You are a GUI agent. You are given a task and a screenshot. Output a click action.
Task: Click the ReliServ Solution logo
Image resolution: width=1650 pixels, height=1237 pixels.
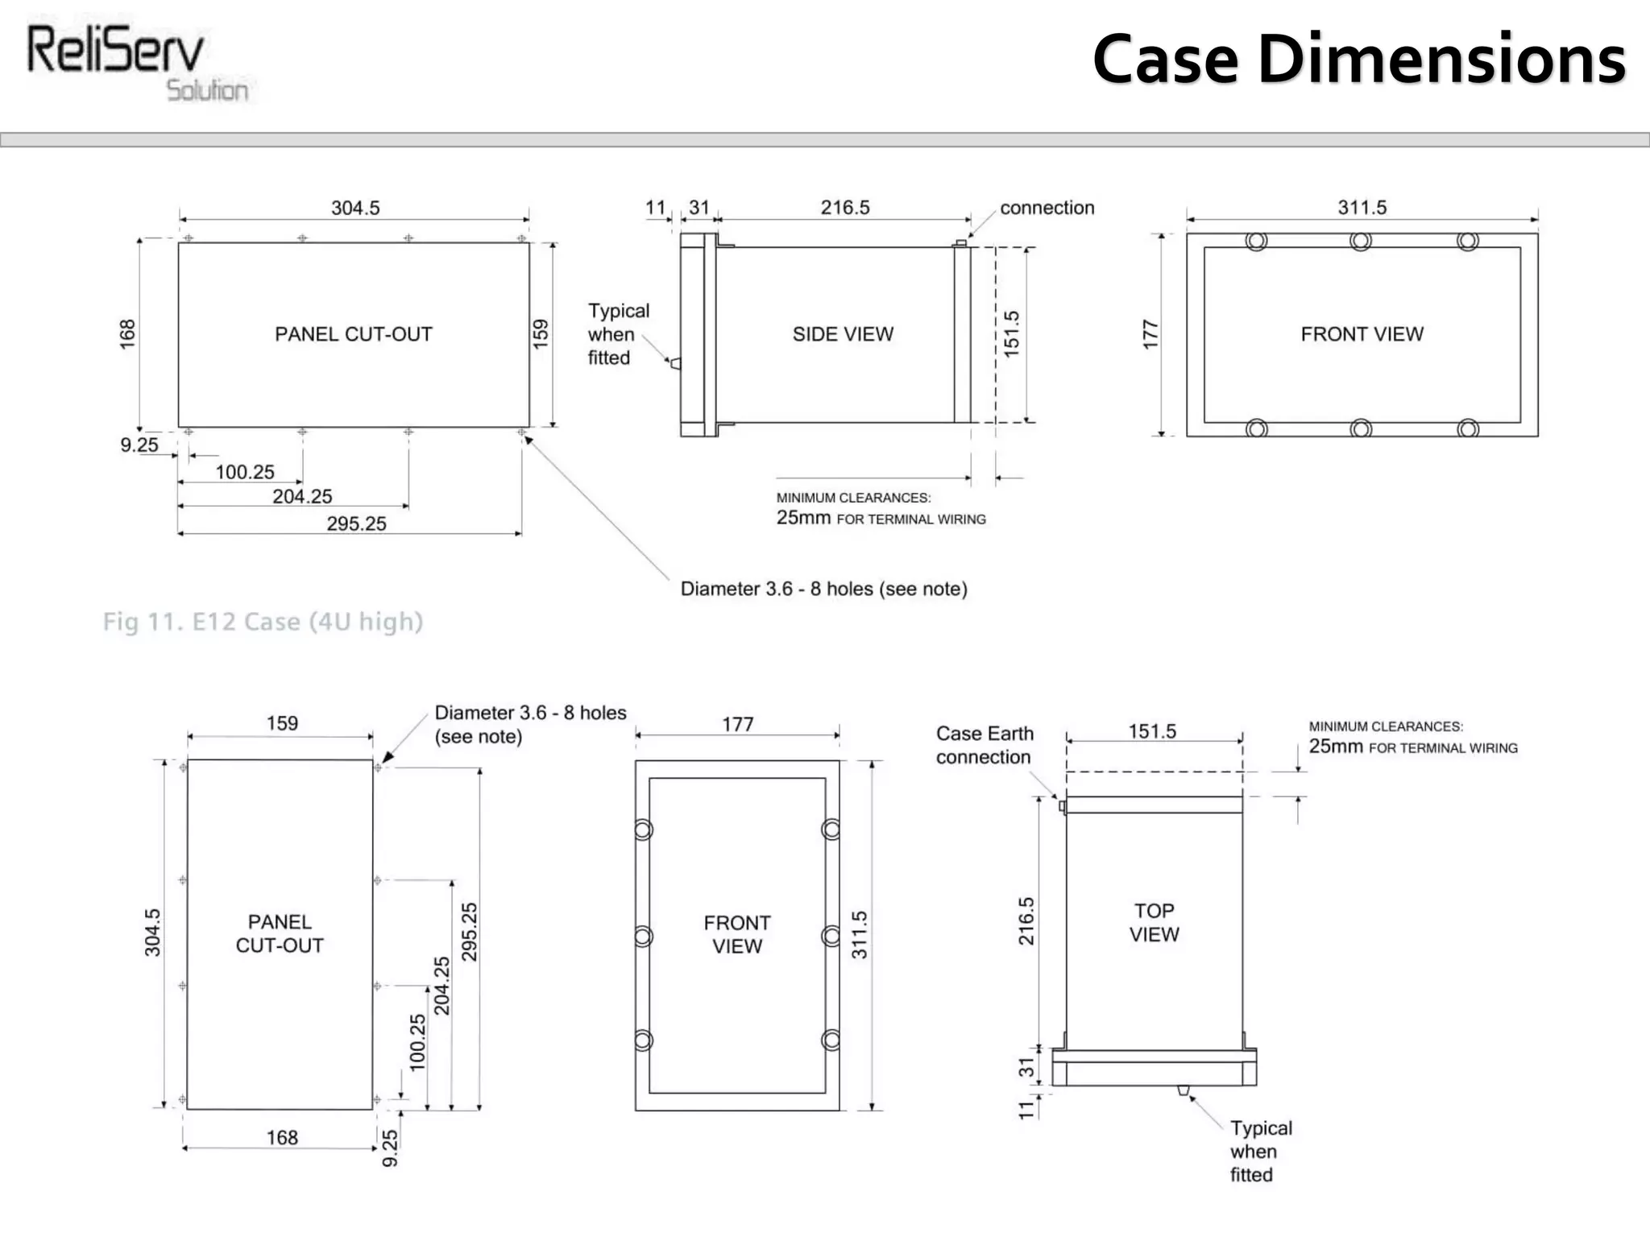(137, 63)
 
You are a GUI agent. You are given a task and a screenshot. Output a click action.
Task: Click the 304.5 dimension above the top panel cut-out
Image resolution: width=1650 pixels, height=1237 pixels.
(355, 208)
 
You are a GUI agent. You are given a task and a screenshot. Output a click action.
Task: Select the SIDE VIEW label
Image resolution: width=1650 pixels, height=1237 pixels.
(843, 334)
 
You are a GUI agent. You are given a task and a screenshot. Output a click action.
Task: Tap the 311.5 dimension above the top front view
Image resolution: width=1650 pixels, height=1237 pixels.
(1362, 208)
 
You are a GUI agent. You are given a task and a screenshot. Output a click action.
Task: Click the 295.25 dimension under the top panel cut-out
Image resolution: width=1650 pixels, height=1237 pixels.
(356, 523)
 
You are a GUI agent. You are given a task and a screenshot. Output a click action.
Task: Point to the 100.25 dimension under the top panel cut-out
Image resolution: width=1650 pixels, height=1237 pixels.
(245, 472)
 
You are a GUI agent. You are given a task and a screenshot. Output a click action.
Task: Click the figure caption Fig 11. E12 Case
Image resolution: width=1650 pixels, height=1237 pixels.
(263, 622)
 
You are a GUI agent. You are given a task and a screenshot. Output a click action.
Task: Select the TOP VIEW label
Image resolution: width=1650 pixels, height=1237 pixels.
(1154, 922)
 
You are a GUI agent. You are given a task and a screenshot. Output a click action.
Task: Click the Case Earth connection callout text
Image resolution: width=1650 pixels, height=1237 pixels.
(984, 745)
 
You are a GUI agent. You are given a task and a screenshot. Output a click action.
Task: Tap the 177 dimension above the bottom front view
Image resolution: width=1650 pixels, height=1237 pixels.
(737, 724)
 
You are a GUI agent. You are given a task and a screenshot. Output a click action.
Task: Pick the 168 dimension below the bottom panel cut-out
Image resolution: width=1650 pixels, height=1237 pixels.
(282, 1137)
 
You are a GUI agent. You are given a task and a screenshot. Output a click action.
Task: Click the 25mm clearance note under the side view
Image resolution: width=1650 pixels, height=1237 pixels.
(881, 518)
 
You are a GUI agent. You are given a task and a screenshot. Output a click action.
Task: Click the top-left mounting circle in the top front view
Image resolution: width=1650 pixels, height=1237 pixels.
(1256, 241)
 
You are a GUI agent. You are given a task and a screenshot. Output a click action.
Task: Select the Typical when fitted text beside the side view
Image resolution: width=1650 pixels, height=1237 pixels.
(617, 334)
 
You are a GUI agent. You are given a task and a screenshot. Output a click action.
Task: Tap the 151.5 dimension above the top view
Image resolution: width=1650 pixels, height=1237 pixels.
(1152, 731)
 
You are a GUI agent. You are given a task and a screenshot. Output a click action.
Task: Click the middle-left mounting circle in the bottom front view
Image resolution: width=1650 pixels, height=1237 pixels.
(643, 936)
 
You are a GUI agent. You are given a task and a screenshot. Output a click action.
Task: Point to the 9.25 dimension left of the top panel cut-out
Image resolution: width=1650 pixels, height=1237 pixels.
(139, 445)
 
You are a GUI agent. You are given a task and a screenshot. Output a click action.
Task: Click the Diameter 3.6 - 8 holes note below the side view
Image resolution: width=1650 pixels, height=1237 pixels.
(823, 589)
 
